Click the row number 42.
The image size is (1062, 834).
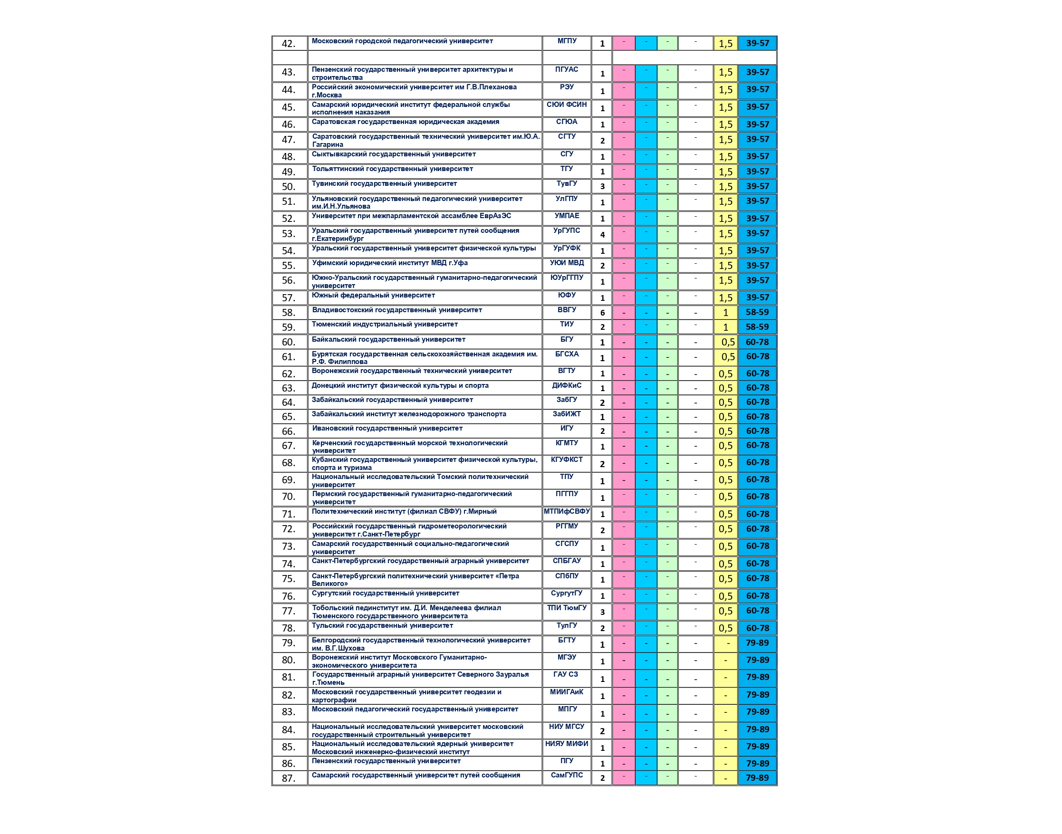pyautogui.click(x=289, y=43)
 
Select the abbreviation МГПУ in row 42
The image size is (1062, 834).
pyautogui.click(x=567, y=41)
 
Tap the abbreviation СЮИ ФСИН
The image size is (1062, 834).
pyautogui.click(x=567, y=105)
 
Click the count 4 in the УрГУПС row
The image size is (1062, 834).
pyautogui.click(x=602, y=234)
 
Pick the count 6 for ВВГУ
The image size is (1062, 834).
pyautogui.click(x=602, y=313)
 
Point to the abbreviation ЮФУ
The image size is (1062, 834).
pyautogui.click(x=567, y=296)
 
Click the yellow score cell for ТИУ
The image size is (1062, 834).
pyautogui.click(x=725, y=327)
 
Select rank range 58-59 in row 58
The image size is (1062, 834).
pyautogui.click(x=757, y=312)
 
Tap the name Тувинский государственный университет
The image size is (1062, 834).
pyautogui.click(x=385, y=183)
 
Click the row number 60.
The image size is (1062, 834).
pyautogui.click(x=289, y=342)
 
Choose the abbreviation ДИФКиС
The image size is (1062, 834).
pyautogui.click(x=567, y=385)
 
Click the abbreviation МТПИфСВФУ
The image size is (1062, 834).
pyautogui.click(x=567, y=511)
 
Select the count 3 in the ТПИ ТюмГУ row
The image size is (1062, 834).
pyautogui.click(x=602, y=612)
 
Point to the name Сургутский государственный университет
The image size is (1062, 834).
pyautogui.click(x=386, y=593)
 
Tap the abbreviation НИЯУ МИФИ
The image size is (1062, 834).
pyautogui.click(x=567, y=744)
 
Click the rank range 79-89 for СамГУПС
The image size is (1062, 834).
pyautogui.click(x=757, y=778)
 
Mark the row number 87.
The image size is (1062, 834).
pyautogui.click(x=289, y=778)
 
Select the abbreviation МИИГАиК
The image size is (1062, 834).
pyautogui.click(x=567, y=692)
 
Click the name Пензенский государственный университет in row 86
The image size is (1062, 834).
pyautogui.click(x=386, y=761)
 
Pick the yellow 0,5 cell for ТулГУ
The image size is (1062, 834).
pyautogui.click(x=725, y=628)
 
